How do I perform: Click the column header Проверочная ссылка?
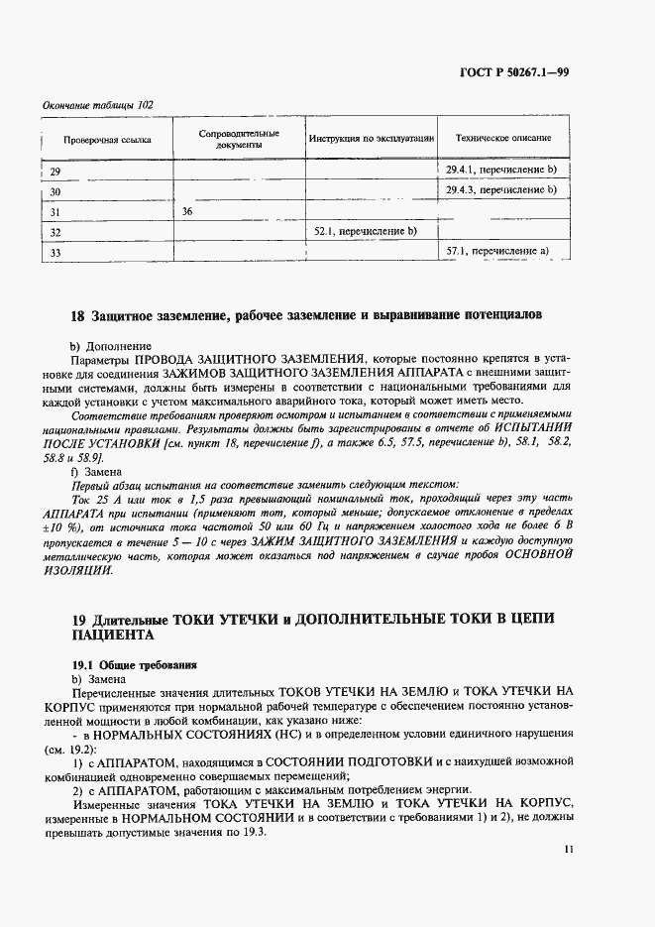(107, 139)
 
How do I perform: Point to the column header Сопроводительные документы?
(238, 139)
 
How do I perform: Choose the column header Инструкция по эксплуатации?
(372, 139)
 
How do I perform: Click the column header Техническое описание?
(503, 139)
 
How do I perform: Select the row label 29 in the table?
(55, 172)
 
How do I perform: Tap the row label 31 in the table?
(55, 211)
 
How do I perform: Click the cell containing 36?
(187, 211)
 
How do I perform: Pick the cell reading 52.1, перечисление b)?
(365, 231)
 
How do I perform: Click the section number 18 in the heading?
(78, 317)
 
